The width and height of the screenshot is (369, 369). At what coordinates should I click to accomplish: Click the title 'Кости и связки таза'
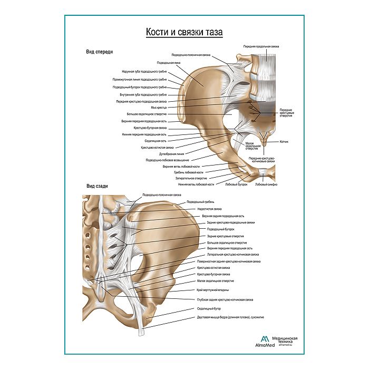coord(184,32)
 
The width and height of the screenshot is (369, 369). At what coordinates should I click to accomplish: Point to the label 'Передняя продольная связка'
coord(261,46)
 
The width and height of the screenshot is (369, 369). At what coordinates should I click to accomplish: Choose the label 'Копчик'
coord(284,142)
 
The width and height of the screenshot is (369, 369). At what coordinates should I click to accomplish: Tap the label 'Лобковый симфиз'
coord(266,184)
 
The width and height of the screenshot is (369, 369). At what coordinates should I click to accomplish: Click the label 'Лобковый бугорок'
coord(236,184)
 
